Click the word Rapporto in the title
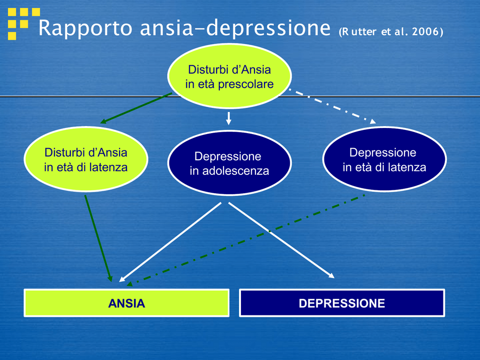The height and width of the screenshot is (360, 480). tap(85, 28)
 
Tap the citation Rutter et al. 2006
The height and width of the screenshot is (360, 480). tap(391, 31)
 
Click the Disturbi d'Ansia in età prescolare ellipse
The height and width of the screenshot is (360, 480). tap(229, 76)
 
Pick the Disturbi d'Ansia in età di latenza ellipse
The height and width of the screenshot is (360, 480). tap(86, 159)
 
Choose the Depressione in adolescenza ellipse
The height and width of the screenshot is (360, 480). tap(229, 163)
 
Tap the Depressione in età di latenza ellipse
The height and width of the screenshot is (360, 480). tap(384, 159)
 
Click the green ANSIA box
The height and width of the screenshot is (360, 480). tap(127, 303)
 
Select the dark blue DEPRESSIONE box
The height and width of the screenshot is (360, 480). tap(342, 303)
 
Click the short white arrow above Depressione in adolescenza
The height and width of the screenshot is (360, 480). tap(228, 119)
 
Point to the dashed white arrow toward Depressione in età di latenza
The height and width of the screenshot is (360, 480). tap(332, 106)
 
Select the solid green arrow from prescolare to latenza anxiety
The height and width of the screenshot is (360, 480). tap(136, 108)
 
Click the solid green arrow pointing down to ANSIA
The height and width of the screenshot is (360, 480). tap(98, 239)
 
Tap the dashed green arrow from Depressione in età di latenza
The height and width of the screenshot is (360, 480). tap(246, 240)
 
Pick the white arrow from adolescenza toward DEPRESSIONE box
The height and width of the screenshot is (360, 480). tap(281, 240)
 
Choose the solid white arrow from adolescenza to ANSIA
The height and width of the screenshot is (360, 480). tap(170, 242)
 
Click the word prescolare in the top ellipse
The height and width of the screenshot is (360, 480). tap(246, 84)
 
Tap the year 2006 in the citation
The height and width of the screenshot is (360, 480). tap(426, 31)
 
